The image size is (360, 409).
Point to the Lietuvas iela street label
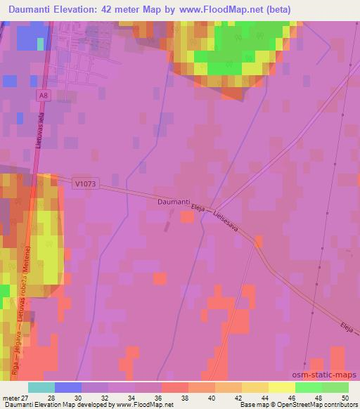pyautogui.click(x=41, y=131)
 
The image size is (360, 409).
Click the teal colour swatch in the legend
pyautogui.click(x=41, y=387)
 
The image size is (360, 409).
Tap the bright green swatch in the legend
pyautogui.click(x=309, y=387)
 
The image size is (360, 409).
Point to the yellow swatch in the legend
pyautogui.click(x=282, y=387)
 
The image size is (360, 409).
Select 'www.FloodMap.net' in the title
pyautogui.click(x=215, y=10)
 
